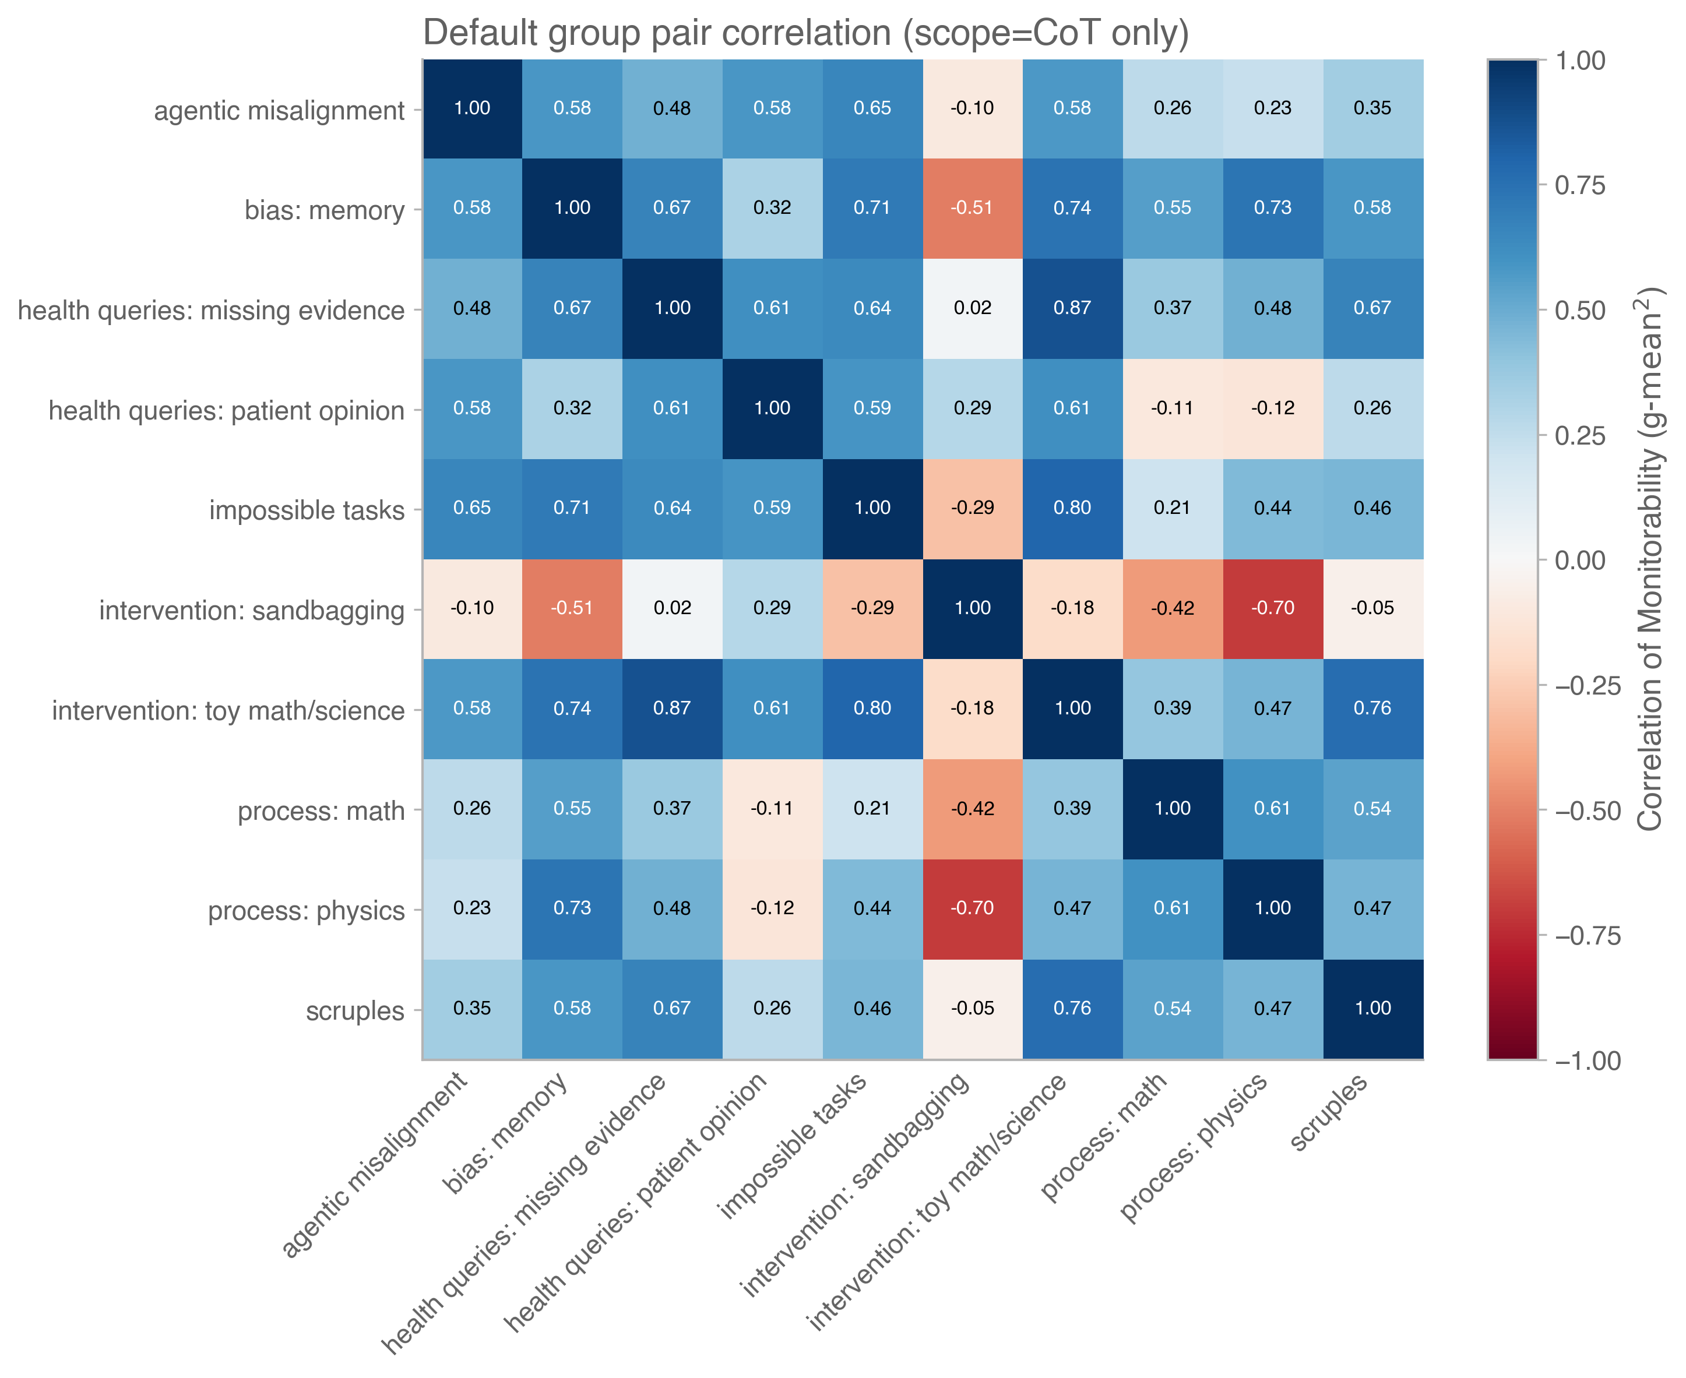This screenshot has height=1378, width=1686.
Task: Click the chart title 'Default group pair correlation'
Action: click(x=805, y=33)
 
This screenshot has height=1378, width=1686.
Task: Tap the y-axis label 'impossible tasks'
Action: click(x=307, y=510)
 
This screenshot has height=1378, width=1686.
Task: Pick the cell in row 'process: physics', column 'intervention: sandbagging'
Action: click(x=973, y=908)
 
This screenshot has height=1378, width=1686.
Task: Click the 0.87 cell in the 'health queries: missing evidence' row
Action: click(x=1072, y=308)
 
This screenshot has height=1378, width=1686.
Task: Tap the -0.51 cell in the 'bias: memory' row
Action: click(x=973, y=208)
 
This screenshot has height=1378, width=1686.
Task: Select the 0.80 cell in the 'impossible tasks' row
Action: click(x=1072, y=508)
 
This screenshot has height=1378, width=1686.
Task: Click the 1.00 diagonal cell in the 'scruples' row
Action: click(x=1372, y=1008)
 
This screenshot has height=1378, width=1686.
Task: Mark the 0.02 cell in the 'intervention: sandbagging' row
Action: click(x=673, y=608)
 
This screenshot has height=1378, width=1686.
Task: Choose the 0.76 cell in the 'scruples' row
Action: click(x=1072, y=1008)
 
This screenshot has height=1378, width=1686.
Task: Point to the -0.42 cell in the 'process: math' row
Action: click(x=973, y=808)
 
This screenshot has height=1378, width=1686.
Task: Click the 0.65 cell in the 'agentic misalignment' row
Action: click(x=872, y=108)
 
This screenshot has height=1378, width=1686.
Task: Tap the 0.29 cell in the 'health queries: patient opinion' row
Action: click(x=973, y=408)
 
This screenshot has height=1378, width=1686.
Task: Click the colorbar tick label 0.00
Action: click(x=1579, y=561)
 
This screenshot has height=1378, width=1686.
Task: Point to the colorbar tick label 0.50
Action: click(x=1579, y=311)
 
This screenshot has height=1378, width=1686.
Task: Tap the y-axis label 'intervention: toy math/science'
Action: click(x=228, y=710)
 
